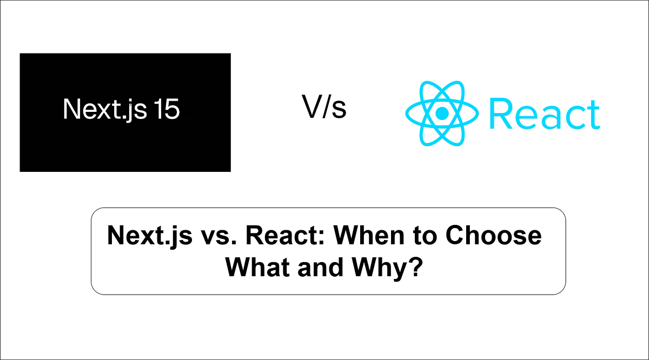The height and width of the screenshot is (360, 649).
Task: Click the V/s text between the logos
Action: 324,108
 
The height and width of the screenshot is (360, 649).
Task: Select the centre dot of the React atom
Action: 442,113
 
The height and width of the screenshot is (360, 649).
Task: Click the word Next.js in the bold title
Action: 141,236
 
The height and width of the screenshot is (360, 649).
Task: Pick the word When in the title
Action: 352,236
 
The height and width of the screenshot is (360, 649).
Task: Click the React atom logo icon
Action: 442,113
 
